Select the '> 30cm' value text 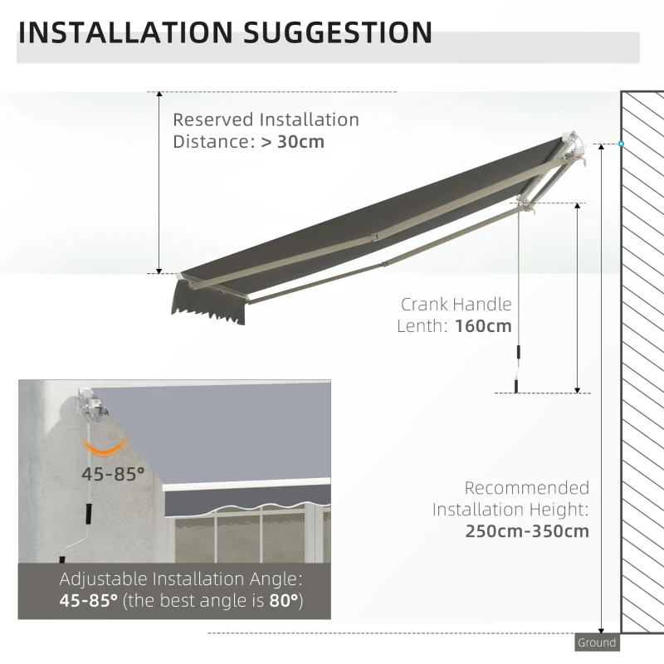click(x=293, y=141)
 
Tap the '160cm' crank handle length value click(x=483, y=325)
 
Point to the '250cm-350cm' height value click(x=527, y=530)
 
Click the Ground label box click(x=597, y=642)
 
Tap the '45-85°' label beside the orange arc click(x=113, y=474)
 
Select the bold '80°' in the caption click(x=282, y=600)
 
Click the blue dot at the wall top click(x=621, y=144)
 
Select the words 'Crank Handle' click(x=456, y=305)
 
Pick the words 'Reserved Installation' click(x=266, y=120)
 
